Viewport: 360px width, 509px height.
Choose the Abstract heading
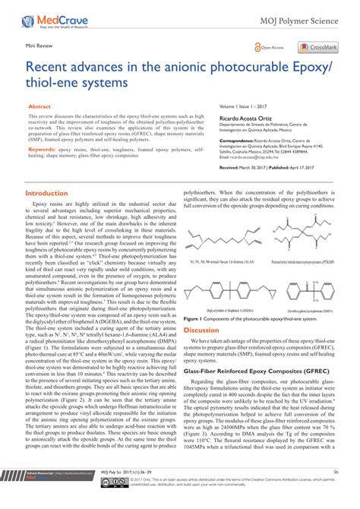(x=39, y=109)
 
